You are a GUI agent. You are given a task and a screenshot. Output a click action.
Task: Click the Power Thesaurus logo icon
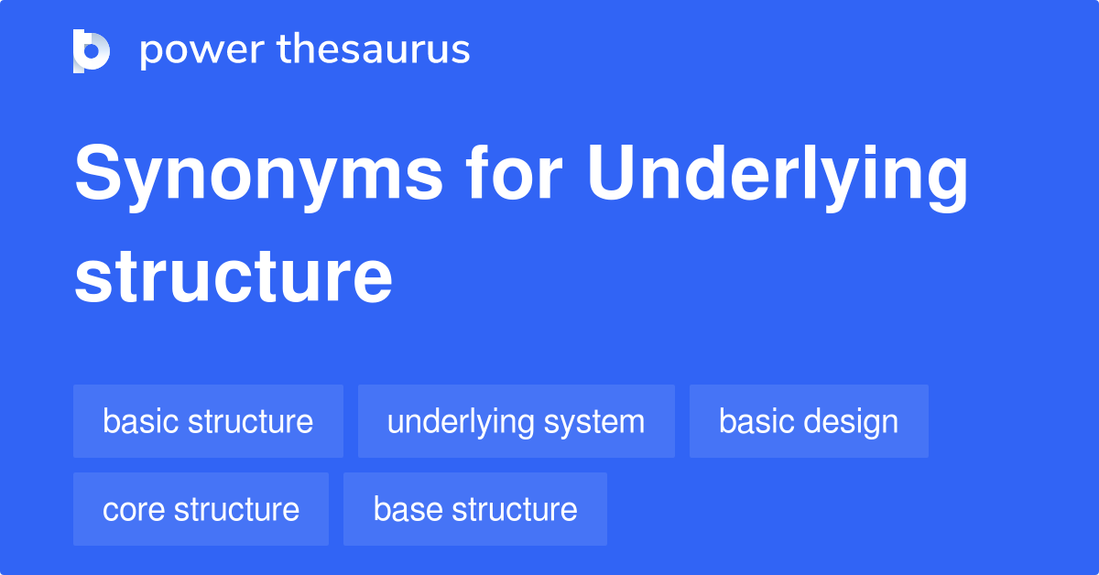[x=92, y=50]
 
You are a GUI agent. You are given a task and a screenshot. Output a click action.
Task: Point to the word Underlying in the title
[x=778, y=177]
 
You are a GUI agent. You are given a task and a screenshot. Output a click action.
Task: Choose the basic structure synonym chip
[x=208, y=422]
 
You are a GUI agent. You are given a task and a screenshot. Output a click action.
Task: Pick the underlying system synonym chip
[x=516, y=422]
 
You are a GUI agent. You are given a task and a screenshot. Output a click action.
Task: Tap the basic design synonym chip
[x=809, y=422]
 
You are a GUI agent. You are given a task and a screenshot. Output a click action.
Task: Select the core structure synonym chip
[x=201, y=509]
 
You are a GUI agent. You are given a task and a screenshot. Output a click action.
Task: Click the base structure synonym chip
[x=475, y=509]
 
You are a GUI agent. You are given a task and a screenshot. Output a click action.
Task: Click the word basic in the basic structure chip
[x=141, y=422]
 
